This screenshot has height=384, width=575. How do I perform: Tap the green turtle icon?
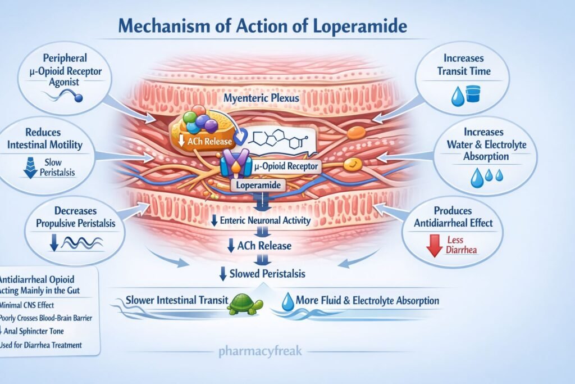[x=245, y=304]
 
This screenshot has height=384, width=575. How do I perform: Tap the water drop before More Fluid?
[x=287, y=300]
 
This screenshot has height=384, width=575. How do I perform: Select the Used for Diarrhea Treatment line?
[x=42, y=345]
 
